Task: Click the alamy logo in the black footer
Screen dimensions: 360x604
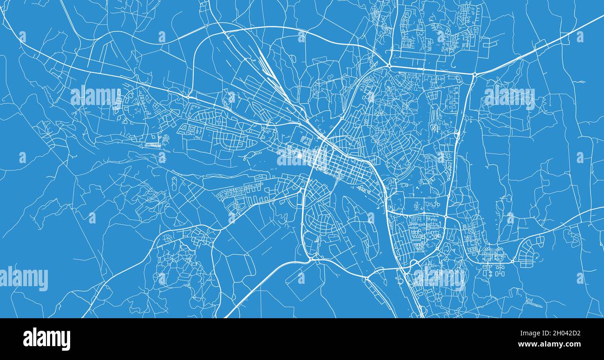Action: point(46,339)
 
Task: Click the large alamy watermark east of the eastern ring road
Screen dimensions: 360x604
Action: point(509,97)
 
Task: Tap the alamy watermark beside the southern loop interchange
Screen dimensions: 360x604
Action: point(439,277)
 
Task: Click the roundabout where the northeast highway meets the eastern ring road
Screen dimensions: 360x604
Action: point(474,74)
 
